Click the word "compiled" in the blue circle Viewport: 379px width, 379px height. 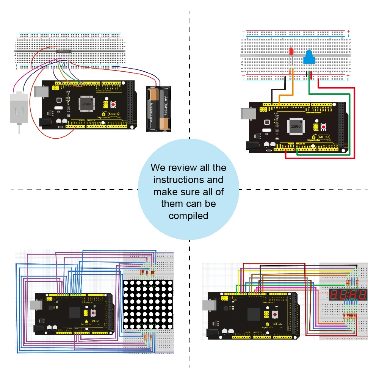[x=188, y=216]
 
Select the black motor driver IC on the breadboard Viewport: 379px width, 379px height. [x=63, y=51]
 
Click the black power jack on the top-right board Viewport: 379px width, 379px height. [x=252, y=145]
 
